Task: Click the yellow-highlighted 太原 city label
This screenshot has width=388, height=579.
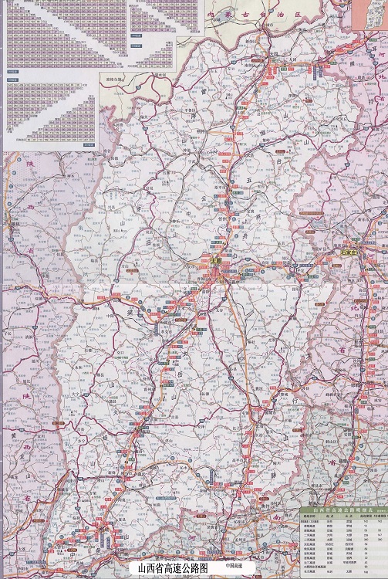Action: (215, 262)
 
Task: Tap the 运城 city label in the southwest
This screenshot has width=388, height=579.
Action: (109, 516)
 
